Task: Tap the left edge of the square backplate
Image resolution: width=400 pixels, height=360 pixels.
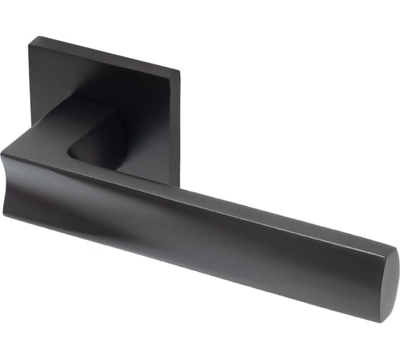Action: (29, 93)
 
